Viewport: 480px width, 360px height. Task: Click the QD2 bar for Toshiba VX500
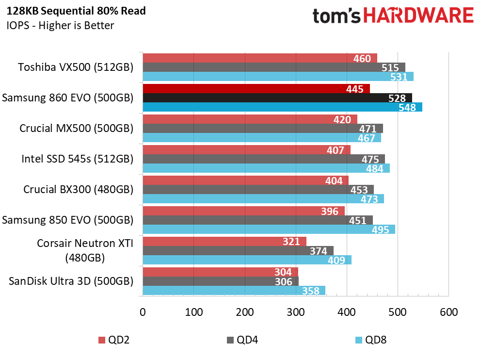click(x=260, y=58)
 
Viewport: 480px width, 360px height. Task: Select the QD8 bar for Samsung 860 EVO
click(x=283, y=107)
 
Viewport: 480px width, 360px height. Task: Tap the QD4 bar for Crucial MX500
click(x=263, y=129)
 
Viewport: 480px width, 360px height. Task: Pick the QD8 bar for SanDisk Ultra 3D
click(x=234, y=291)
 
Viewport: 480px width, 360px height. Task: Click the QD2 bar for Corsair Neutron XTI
click(x=224, y=242)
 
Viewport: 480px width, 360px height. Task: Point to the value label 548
click(x=407, y=108)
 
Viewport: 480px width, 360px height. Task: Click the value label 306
click(x=284, y=281)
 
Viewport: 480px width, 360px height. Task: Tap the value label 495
click(x=380, y=230)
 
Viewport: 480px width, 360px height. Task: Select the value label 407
click(x=335, y=150)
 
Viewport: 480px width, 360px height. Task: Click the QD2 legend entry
click(x=114, y=340)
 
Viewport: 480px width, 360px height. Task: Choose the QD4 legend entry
click(x=242, y=340)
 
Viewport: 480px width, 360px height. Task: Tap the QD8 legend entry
click(x=371, y=340)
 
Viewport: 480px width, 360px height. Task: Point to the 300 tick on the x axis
click(x=296, y=312)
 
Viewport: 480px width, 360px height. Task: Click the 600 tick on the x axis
click(x=449, y=312)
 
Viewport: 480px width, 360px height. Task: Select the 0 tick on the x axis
click(x=143, y=312)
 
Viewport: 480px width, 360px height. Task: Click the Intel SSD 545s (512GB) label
click(x=78, y=159)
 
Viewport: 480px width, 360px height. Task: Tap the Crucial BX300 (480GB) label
click(x=79, y=190)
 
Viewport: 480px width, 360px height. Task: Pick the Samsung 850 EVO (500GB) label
click(x=68, y=220)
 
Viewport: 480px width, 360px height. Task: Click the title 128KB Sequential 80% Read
click(x=76, y=11)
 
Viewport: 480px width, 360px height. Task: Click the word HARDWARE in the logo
click(x=418, y=16)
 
